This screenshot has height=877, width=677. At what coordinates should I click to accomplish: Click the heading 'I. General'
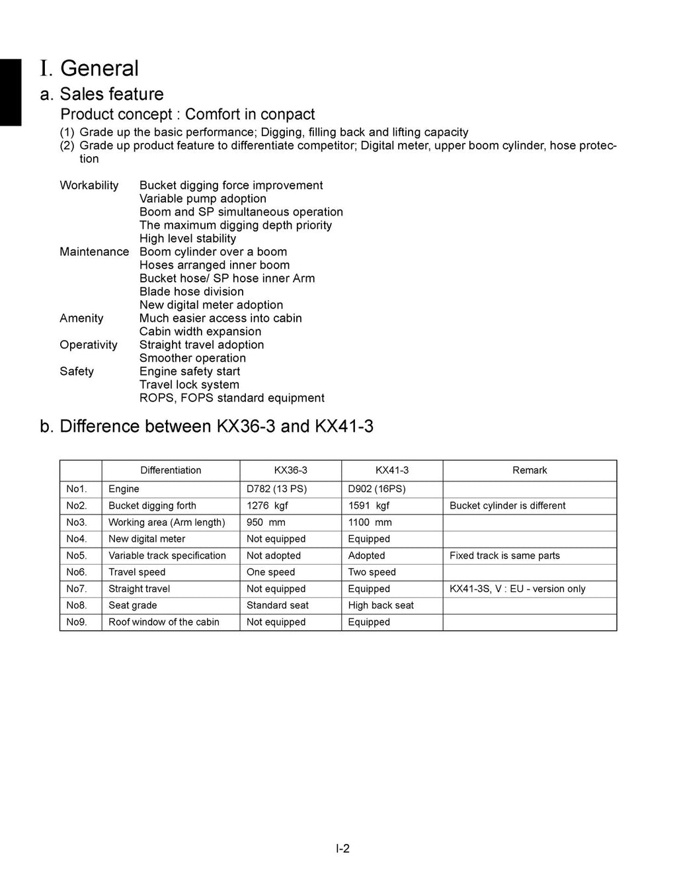pyautogui.click(x=89, y=69)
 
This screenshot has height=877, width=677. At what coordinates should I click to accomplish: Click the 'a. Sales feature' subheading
pyautogui.click(x=102, y=94)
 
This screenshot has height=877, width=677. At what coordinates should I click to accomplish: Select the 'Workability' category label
pyautogui.click(x=89, y=185)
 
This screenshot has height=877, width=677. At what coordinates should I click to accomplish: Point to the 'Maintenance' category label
pyautogui.click(x=94, y=252)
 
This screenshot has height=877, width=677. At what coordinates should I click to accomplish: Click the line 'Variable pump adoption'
pyautogui.click(x=203, y=198)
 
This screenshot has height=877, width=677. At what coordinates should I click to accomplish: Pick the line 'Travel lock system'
pyautogui.click(x=189, y=385)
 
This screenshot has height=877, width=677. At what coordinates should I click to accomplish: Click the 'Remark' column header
pyautogui.click(x=530, y=470)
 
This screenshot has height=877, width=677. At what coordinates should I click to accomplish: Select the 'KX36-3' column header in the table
pyautogui.click(x=290, y=470)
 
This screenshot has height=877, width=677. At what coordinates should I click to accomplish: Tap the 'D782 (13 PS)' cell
pyautogui.click(x=276, y=489)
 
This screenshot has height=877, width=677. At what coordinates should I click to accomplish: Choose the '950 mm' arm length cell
pyautogui.click(x=266, y=522)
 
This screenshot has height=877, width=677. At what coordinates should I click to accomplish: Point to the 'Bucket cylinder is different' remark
pyautogui.click(x=507, y=505)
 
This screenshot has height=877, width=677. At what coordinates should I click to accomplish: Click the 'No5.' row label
pyautogui.click(x=77, y=556)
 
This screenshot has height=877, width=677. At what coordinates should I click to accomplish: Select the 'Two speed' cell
pyautogui.click(x=372, y=572)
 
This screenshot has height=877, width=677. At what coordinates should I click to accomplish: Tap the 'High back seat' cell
pyautogui.click(x=381, y=605)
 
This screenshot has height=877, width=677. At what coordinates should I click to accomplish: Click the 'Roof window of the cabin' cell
pyautogui.click(x=164, y=622)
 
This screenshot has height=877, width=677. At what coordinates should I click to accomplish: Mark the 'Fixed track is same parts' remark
pyautogui.click(x=504, y=556)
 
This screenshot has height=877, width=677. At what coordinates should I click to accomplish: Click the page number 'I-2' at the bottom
pyautogui.click(x=342, y=849)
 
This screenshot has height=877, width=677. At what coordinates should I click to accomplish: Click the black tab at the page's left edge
pyautogui.click(x=11, y=92)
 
